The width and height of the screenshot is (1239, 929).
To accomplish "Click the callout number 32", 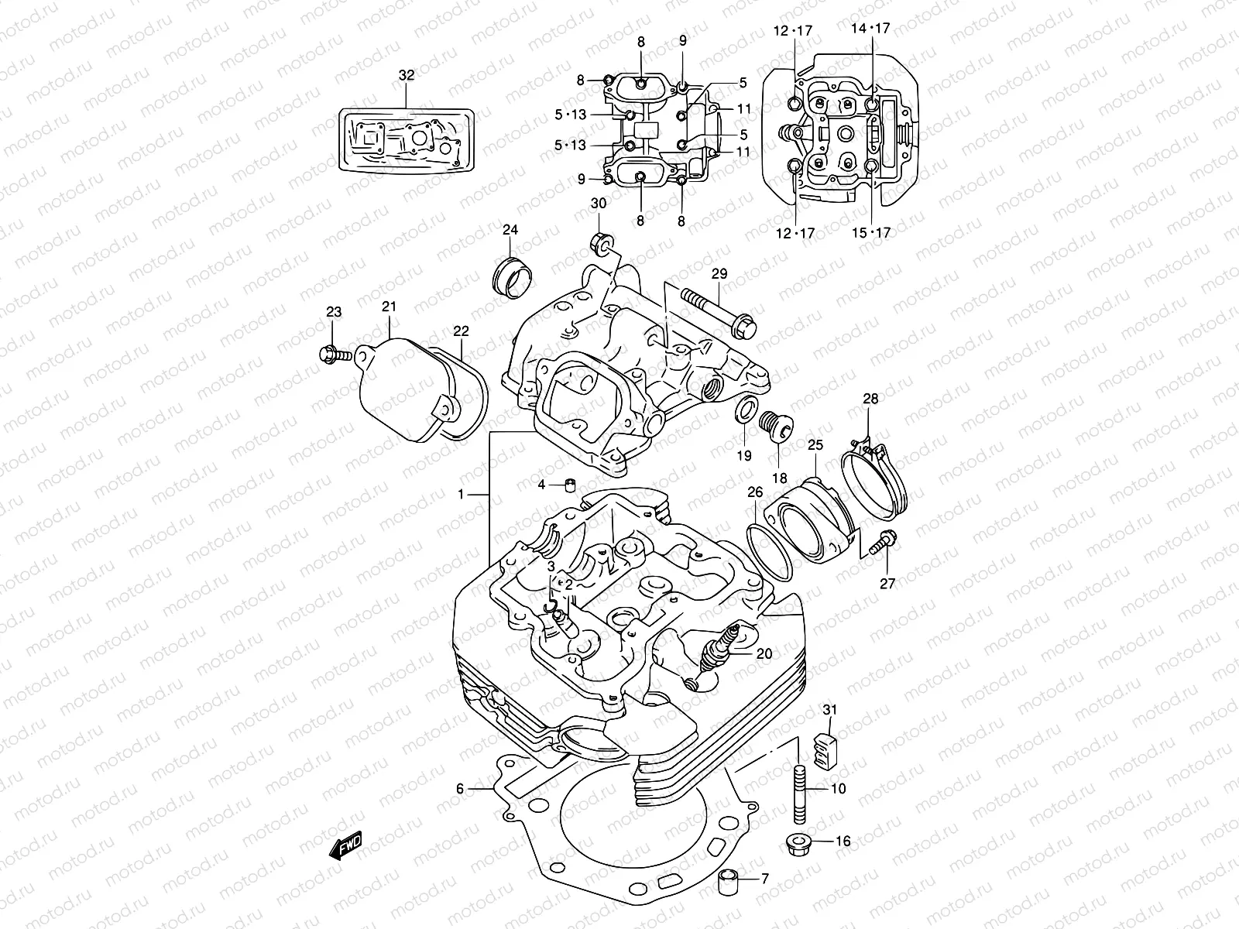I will pos(407,75).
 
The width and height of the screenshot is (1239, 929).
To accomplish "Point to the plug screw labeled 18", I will pos(773,424).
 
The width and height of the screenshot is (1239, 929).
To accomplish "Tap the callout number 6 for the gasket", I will pos(459,789).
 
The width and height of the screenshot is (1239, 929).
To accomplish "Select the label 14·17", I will pos(870,28).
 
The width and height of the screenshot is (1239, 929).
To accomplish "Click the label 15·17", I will pos(870,232).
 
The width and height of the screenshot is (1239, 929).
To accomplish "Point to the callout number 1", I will pos(461,494).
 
